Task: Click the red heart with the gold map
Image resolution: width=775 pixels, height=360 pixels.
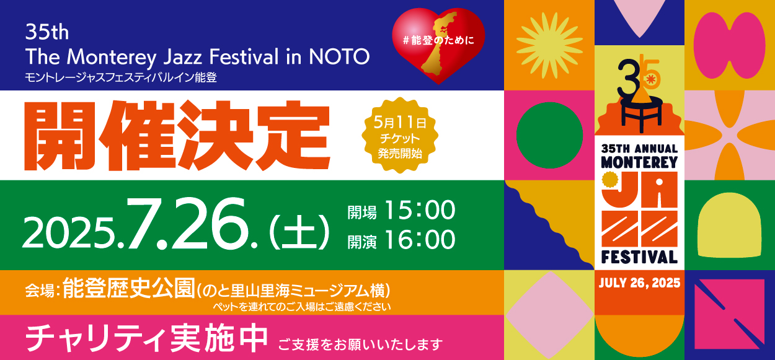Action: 438,46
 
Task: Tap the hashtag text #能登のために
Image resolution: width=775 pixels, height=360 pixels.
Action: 438,40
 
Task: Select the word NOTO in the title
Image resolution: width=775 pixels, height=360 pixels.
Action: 339,56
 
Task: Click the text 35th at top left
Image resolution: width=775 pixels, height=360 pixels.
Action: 47,32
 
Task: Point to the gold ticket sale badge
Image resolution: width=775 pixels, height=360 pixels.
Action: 400,135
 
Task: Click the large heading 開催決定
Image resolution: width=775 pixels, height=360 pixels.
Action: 177,136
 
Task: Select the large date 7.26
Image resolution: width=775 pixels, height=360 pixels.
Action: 192,223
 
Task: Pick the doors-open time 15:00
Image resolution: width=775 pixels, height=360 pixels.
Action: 420,210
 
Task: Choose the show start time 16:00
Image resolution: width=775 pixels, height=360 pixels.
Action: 420,239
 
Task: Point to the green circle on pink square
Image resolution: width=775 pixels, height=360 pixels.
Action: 549,135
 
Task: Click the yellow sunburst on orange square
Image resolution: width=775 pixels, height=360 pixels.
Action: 549,45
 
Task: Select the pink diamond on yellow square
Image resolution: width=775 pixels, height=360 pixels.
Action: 549,315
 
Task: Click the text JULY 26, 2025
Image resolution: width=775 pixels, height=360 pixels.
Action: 639,283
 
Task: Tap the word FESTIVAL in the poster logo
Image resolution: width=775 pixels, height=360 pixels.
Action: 639,257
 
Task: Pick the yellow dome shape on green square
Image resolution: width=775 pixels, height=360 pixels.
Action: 729,225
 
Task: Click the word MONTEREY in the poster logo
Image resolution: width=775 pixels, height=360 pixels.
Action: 639,162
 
